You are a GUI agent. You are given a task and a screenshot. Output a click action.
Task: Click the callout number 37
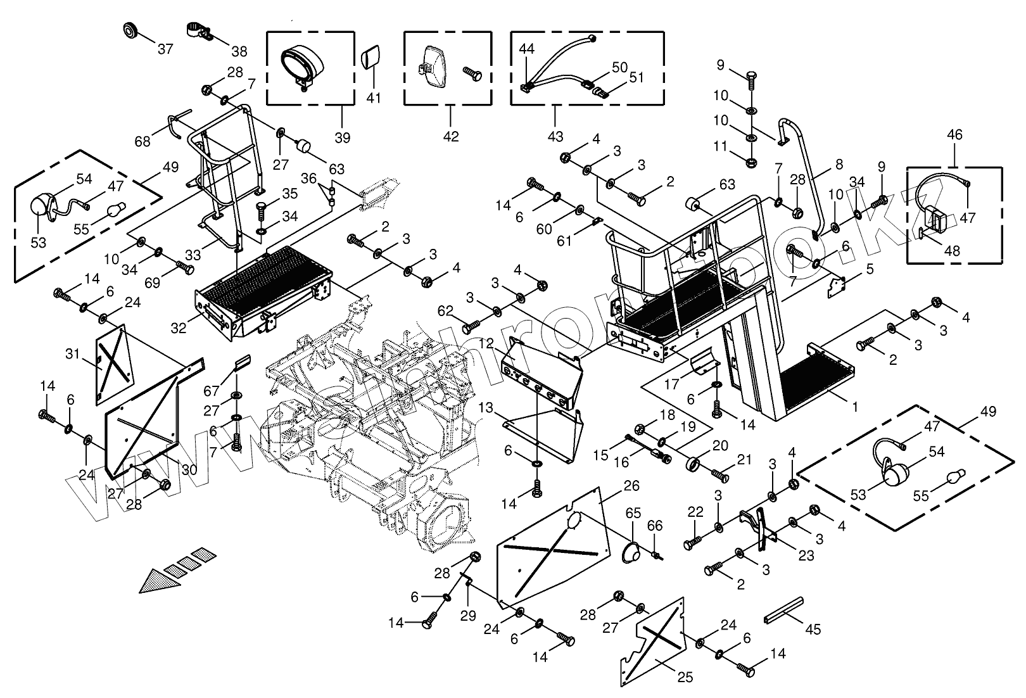165,49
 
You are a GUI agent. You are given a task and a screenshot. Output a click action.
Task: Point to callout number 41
374,99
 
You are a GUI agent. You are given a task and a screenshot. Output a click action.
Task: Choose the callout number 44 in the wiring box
528,49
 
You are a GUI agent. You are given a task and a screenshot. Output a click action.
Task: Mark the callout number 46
954,134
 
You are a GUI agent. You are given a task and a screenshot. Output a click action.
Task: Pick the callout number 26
631,486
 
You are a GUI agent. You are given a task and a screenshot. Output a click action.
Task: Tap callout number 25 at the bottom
685,678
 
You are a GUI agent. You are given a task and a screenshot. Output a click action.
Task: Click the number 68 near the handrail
143,141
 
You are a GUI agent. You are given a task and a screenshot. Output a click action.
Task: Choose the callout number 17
671,383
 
